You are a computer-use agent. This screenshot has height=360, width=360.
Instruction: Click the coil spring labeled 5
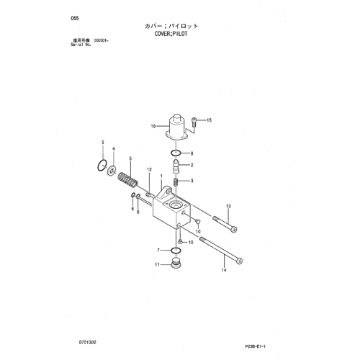(x=128, y=180)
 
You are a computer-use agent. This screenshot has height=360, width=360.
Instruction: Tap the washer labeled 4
(x=112, y=170)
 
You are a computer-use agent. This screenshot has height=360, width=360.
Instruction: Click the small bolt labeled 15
(x=194, y=122)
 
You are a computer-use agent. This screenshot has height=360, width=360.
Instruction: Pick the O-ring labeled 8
(x=176, y=153)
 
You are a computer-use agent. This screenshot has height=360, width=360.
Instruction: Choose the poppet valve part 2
(x=176, y=166)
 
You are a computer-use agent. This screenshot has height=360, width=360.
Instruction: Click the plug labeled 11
(x=176, y=263)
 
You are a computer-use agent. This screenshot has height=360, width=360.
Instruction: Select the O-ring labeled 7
(x=176, y=251)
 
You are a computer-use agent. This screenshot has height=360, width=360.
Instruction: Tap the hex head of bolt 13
(x=234, y=230)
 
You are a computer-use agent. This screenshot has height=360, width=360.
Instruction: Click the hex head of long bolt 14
(x=239, y=261)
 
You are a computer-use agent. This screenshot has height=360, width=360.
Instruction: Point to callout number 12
(x=149, y=170)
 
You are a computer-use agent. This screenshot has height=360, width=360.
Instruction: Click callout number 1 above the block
(x=161, y=176)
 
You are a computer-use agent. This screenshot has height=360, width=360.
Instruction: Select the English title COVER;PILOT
(x=171, y=34)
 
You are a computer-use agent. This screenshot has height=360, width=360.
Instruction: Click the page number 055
(x=75, y=18)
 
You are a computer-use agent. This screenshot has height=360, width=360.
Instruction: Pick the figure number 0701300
(x=87, y=342)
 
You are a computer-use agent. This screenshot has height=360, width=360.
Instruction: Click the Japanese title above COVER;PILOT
(x=171, y=26)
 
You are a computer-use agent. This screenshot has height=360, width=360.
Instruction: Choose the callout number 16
(x=153, y=126)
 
